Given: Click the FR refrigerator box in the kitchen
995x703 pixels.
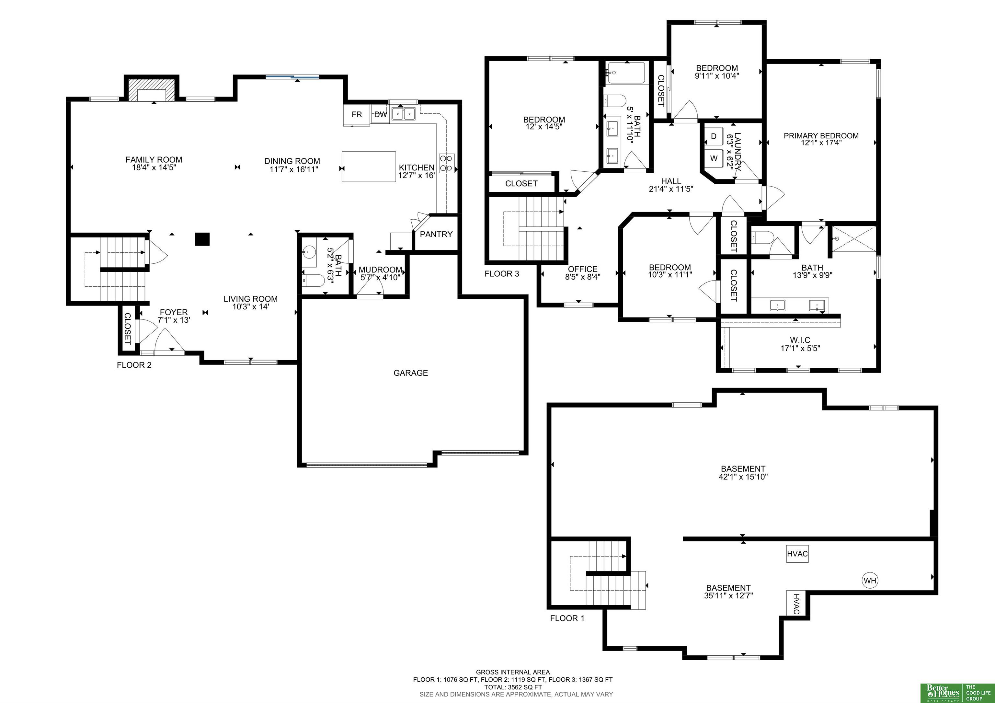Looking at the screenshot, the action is click(x=357, y=115).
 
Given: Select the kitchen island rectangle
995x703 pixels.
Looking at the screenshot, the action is click(x=369, y=167).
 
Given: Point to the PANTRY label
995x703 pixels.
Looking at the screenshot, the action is click(x=436, y=234).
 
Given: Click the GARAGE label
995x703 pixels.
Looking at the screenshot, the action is click(x=410, y=373).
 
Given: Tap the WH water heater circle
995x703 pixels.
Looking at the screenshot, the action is click(x=870, y=580).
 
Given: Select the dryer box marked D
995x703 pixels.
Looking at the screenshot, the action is click(x=714, y=136).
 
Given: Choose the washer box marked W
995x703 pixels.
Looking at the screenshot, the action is click(x=714, y=158).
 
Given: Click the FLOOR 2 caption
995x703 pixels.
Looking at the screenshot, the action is click(x=134, y=365).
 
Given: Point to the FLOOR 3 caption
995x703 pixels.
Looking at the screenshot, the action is click(x=502, y=273).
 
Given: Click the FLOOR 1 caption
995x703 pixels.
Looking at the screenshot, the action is click(x=567, y=618).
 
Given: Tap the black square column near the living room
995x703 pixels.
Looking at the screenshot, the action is click(x=202, y=239).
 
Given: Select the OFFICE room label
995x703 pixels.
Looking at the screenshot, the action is click(x=582, y=269).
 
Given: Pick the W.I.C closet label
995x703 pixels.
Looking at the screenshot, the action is click(x=800, y=340).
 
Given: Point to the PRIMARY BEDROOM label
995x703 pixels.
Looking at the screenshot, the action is click(x=821, y=136).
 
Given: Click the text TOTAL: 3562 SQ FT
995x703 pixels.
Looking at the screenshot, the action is click(x=513, y=687).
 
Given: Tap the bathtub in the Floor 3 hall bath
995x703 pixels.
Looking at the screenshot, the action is click(x=626, y=73).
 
